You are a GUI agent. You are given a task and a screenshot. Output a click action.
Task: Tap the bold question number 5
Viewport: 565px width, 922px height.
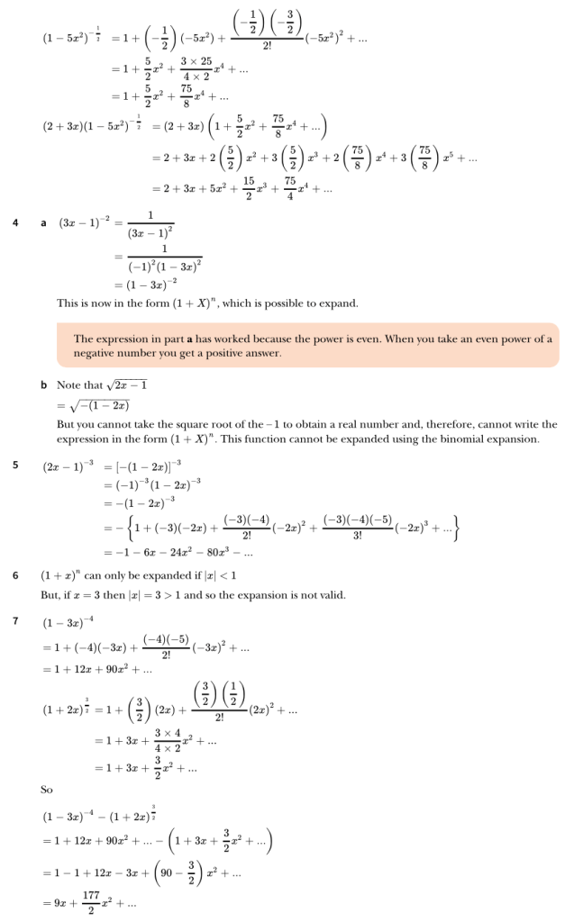tap(16, 466)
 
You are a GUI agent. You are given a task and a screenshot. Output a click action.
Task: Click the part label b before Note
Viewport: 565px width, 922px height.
tap(43, 385)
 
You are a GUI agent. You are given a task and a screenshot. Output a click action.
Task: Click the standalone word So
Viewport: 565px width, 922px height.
tap(48, 790)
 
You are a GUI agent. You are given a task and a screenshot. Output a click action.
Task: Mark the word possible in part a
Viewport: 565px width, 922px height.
tap(304, 303)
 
